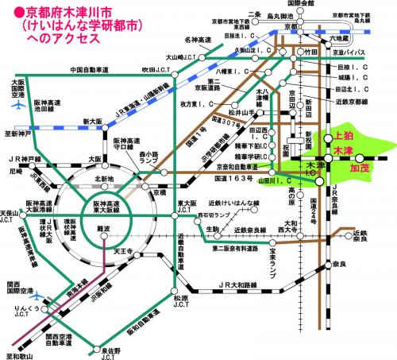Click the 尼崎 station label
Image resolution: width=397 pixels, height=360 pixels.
(x=14, y=170)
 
